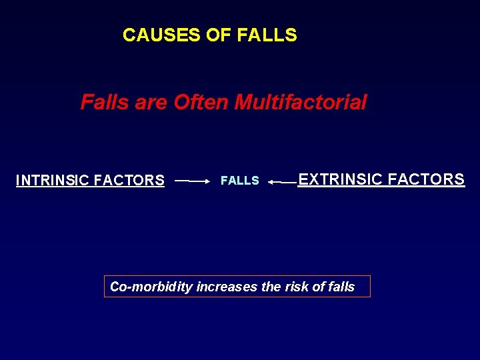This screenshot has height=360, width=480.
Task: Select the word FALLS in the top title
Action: point(266,35)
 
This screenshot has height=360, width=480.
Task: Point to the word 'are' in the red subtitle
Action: point(151,102)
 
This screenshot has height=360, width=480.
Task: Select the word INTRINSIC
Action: point(53,180)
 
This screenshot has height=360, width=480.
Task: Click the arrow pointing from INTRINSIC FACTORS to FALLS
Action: point(192,181)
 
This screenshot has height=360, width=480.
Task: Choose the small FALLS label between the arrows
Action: point(240,181)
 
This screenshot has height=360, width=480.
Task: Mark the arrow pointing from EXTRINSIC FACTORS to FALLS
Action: point(282,181)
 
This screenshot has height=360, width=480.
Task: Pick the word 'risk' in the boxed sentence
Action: point(297,287)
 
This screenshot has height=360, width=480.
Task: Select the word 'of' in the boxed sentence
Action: point(319,287)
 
